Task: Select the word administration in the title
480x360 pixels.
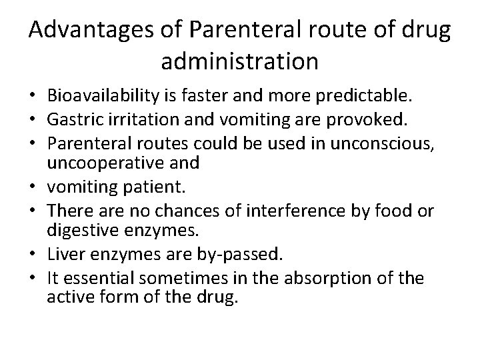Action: pyautogui.click(x=239, y=62)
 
